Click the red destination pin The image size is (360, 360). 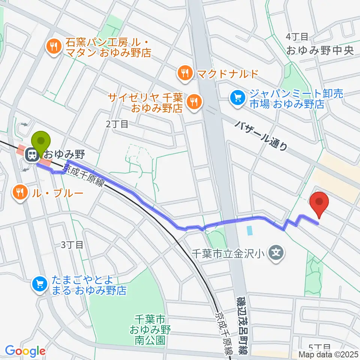point(319,202)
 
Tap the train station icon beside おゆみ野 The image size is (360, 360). point(30,154)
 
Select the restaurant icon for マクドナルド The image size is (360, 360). point(184,73)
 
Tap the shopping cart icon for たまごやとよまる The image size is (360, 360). point(40,284)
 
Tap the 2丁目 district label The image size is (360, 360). point(117,124)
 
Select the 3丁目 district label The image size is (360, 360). point(72,245)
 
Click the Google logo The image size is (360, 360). point(25,351)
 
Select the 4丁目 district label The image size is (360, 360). point(297,37)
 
